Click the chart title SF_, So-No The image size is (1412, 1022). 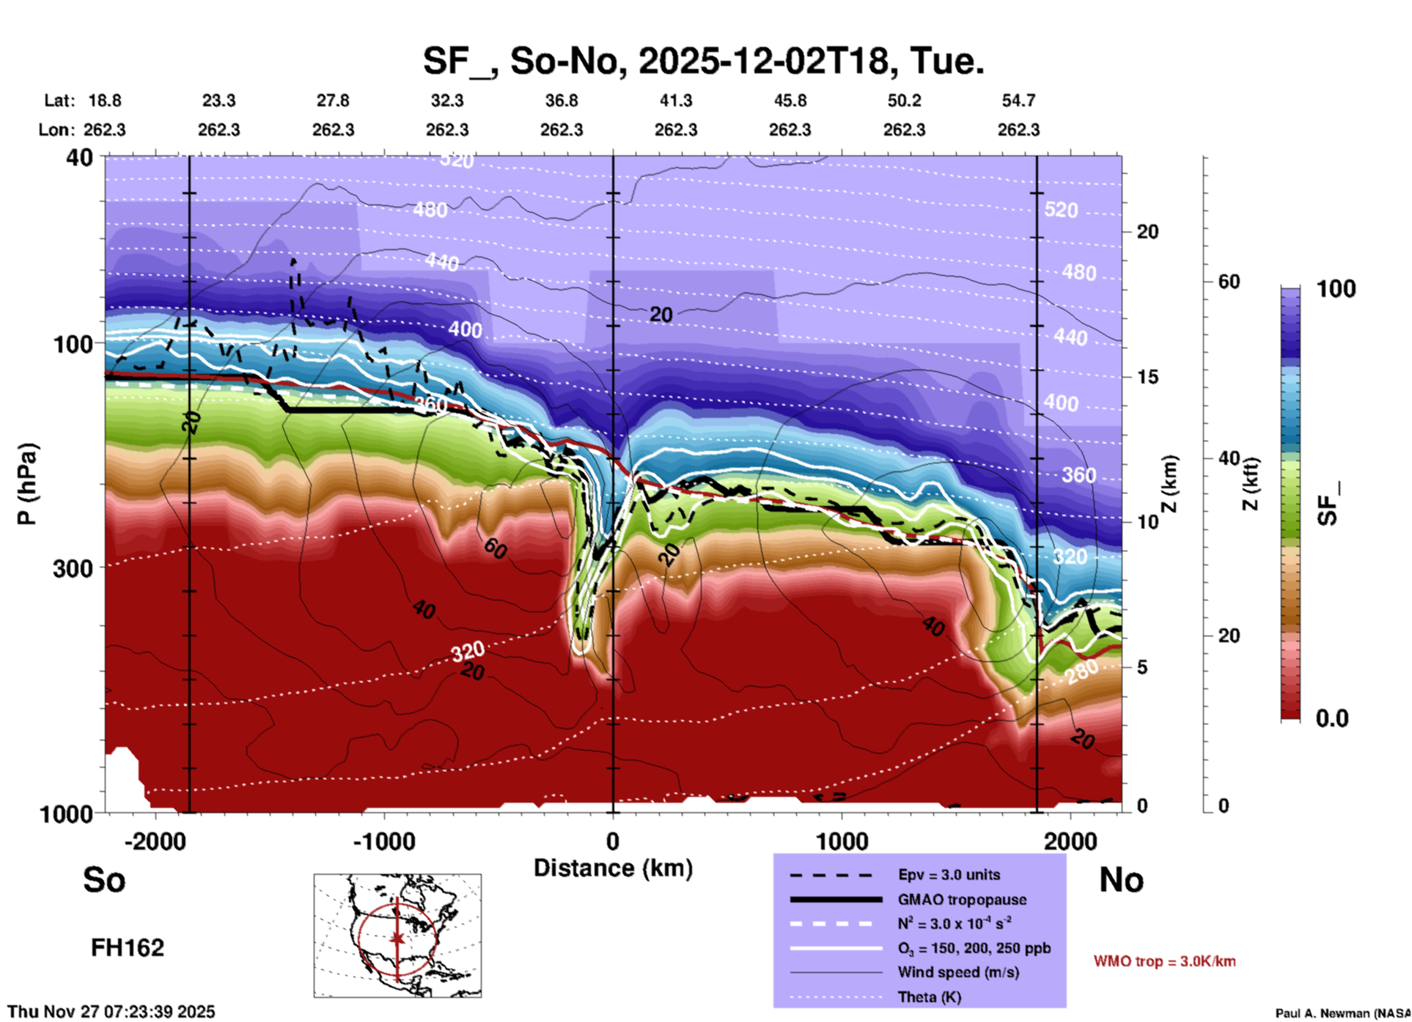point(703,61)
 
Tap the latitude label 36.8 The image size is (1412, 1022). point(561,100)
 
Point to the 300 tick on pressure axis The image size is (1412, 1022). point(73,568)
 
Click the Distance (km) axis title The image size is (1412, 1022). point(613,868)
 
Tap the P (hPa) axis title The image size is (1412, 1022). point(27,484)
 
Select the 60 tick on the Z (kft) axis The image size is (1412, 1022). point(1229,282)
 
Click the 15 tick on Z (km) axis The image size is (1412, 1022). point(1147,377)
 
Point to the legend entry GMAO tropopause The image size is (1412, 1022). point(962,900)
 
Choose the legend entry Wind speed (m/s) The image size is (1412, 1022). point(957,972)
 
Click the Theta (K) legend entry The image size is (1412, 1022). point(929,997)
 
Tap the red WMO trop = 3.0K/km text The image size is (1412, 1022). point(1164,961)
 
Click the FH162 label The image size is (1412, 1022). point(128,948)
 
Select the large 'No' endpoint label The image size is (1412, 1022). point(1121,880)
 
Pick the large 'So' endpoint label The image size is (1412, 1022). point(104,880)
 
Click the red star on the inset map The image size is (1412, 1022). point(397,938)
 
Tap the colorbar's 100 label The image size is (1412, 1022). point(1336,289)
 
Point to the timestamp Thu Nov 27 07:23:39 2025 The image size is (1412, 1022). point(111,1012)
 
